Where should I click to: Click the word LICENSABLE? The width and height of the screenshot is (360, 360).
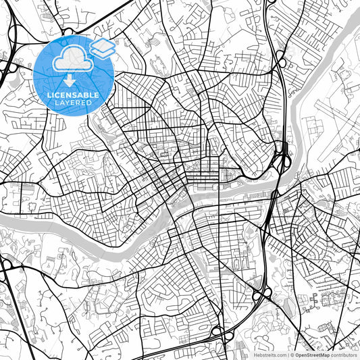tap(74, 95)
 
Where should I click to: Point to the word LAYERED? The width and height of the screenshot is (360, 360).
tap(74, 103)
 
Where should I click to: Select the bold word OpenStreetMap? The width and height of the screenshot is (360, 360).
tap(312, 355)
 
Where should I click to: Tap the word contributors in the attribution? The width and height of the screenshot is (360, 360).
tap(344, 355)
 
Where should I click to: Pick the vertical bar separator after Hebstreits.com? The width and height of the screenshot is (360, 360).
tap(288, 355)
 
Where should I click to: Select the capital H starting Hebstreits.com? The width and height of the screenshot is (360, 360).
tap(255, 355)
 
